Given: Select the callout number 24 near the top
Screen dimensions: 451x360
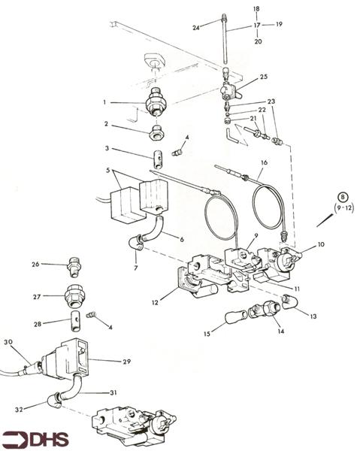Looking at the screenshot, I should click(x=195, y=28).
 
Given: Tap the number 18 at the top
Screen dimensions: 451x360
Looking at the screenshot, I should click(x=256, y=9).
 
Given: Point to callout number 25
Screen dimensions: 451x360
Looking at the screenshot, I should click(x=263, y=77).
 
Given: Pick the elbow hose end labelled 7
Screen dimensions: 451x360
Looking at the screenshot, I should click(x=137, y=242).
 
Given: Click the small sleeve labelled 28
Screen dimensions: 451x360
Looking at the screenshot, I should click(x=76, y=327).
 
